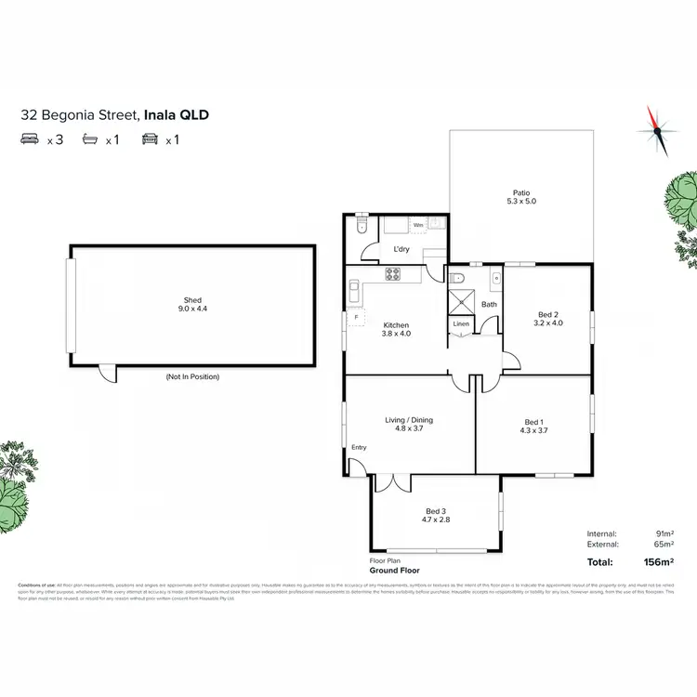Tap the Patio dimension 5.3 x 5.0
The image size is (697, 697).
point(520,202)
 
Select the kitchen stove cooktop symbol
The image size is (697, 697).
point(392,274)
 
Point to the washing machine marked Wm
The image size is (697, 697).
point(418,225)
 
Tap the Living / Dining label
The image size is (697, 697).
point(409,420)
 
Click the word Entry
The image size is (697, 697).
point(359,448)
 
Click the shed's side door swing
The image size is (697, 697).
point(109,372)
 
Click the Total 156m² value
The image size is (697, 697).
point(658,562)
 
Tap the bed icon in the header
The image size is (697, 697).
point(29,140)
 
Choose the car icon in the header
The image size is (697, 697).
point(149,140)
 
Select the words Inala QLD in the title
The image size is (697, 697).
point(176,116)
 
